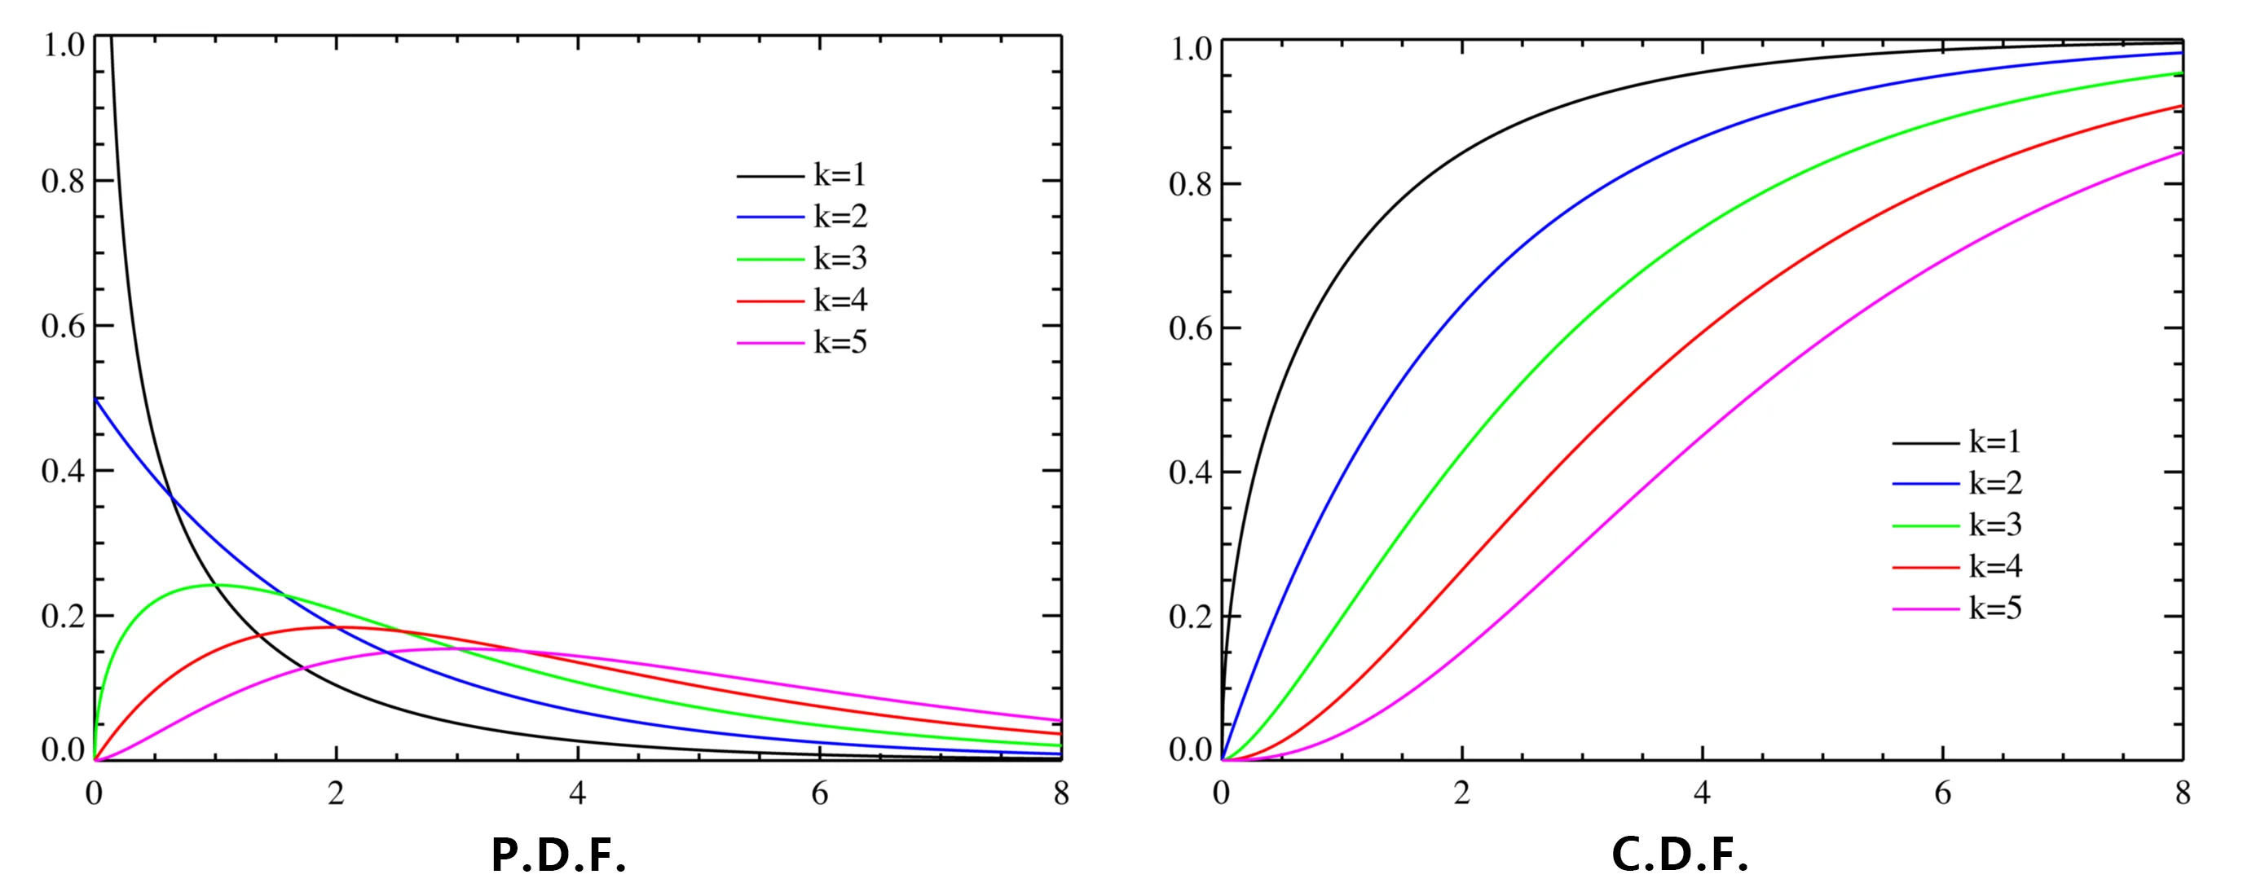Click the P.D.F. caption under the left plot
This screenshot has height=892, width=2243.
click(558, 855)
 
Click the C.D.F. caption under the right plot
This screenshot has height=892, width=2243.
click(1680, 855)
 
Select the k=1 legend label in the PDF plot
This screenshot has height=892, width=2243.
click(840, 175)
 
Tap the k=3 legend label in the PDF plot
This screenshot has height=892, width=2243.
click(840, 258)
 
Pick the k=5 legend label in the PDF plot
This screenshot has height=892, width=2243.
click(840, 342)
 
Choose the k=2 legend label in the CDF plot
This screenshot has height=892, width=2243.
click(1996, 483)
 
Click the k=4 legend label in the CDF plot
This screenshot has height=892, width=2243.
click(1996, 566)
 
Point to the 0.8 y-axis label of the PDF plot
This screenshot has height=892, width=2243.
click(63, 181)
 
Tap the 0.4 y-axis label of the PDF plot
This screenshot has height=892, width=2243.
click(63, 471)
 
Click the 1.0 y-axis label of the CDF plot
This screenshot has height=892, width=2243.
click(1190, 49)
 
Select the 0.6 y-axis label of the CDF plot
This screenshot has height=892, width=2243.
click(1190, 329)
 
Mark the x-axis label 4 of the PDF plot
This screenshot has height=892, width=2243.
click(577, 793)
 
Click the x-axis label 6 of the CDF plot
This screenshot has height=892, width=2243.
click(1942, 793)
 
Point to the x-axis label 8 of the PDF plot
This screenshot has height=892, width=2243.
click(1060, 793)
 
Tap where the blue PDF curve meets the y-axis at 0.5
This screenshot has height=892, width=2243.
click(96, 398)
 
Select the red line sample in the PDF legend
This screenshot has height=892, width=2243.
click(769, 301)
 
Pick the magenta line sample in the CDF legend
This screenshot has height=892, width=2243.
click(1925, 609)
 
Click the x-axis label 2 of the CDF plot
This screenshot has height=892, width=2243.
click(1462, 793)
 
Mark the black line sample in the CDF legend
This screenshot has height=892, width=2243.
click(1925, 443)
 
